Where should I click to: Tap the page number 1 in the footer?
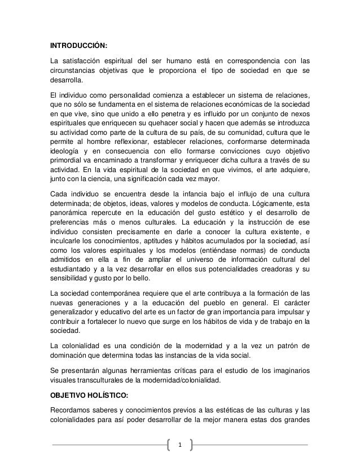180,445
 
